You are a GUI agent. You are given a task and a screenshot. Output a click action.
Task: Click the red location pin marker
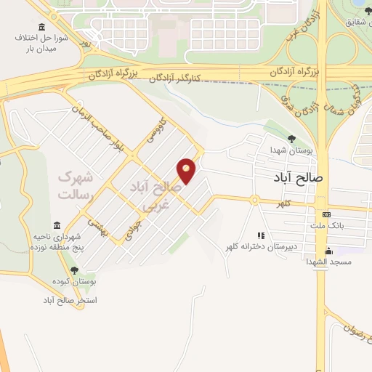(x=187, y=170)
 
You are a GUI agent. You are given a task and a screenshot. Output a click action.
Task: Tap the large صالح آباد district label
(x=297, y=177)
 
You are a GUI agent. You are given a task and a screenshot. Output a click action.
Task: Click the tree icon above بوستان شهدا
(x=291, y=139)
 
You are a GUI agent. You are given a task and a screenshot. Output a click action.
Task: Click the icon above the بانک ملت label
(x=326, y=214)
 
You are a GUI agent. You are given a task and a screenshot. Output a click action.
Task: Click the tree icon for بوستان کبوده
(x=74, y=270)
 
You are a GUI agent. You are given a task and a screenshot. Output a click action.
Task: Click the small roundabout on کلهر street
(x=254, y=199)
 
